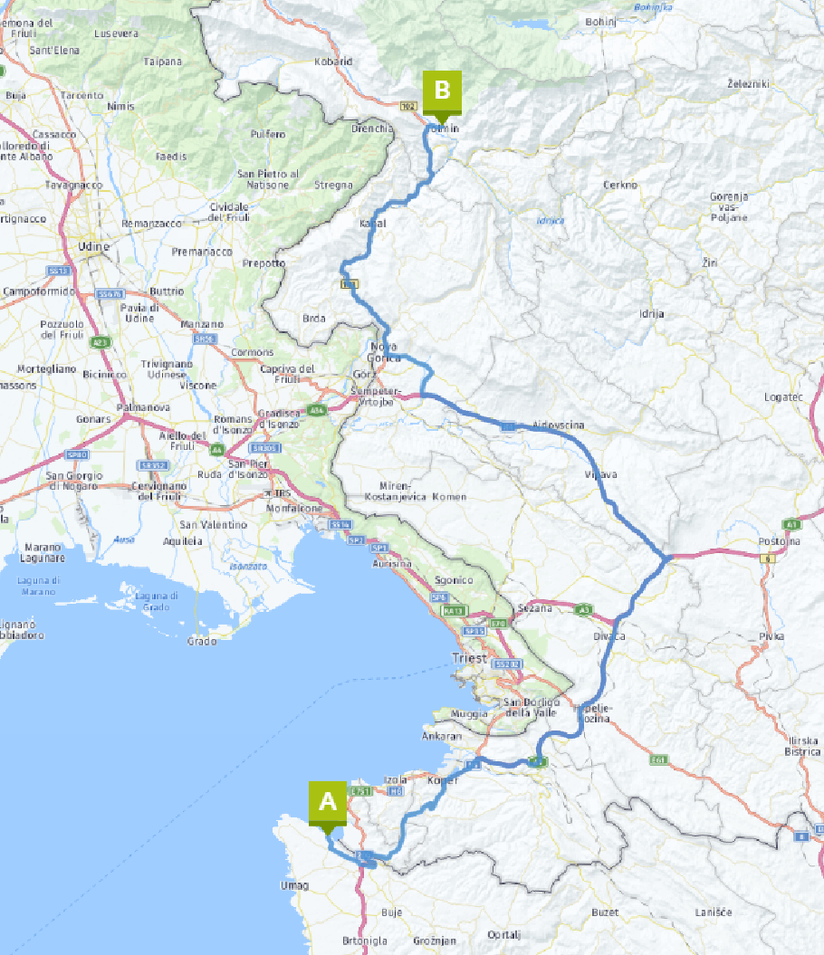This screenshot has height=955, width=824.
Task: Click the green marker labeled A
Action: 327,803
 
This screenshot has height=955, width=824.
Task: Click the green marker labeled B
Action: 442,91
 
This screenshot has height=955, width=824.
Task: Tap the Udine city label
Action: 94,246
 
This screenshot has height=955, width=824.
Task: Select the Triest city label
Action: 469,658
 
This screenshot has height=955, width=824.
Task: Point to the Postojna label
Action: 780,541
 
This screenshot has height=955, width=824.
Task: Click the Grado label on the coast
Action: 202,641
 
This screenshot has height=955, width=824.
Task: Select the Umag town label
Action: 294,885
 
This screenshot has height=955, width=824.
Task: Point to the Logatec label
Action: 783,396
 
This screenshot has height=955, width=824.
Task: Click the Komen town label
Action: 449,497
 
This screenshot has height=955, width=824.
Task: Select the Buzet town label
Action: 604,912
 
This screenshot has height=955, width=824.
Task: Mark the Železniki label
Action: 748,83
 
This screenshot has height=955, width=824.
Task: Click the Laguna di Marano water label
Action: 43,586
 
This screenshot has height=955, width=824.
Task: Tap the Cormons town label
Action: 252,352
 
